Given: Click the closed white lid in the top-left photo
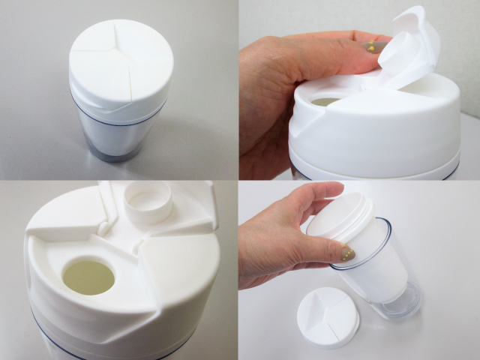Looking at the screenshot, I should pos(120,64).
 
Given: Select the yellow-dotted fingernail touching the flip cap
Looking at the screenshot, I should pos(373,46).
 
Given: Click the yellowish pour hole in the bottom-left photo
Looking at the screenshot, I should pos(88,276).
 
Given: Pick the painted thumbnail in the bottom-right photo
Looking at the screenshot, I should pos(347,254).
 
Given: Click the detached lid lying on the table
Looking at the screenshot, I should pos(328,317).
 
